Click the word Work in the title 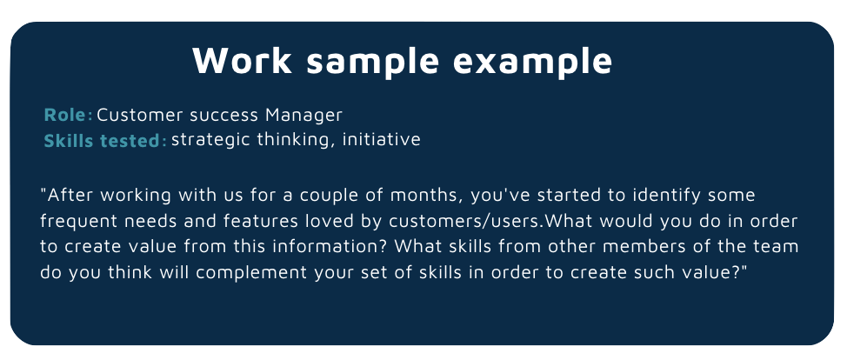(x=242, y=60)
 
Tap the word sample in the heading (x=373, y=62)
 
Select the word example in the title (x=532, y=62)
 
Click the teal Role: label (x=68, y=115)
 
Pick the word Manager (x=303, y=115)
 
